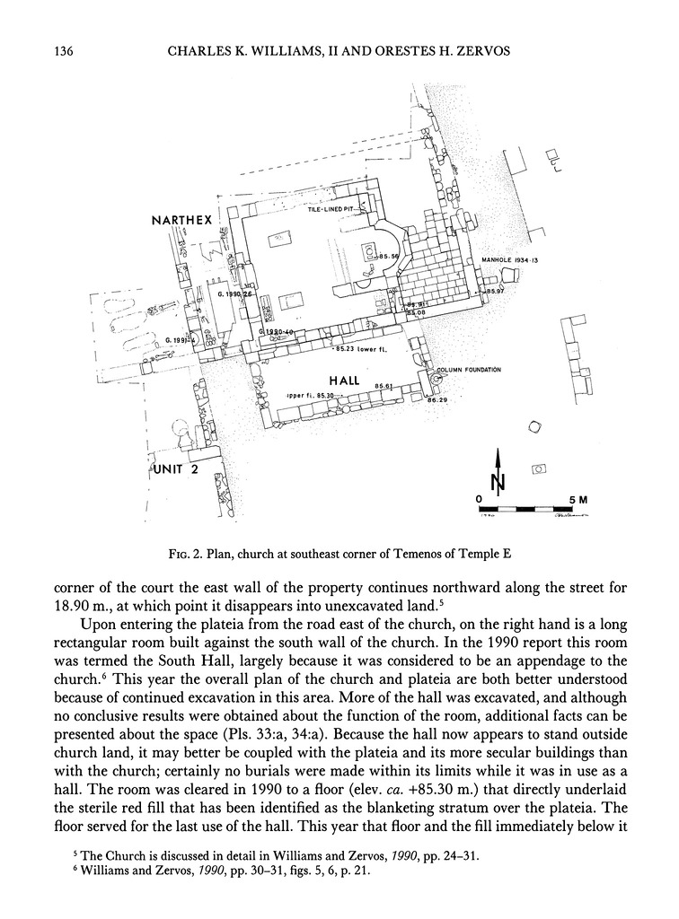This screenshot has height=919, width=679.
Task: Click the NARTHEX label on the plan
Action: (x=183, y=218)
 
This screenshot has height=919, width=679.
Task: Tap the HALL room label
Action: (x=343, y=381)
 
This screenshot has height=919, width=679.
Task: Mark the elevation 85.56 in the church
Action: (x=388, y=257)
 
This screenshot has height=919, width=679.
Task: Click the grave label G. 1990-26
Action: (x=235, y=293)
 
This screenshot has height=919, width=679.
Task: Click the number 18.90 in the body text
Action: (x=71, y=601)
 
